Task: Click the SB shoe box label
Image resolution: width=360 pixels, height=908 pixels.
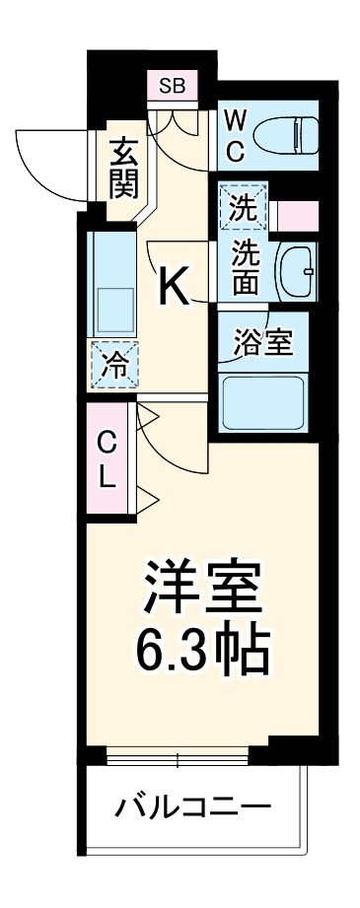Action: point(172,86)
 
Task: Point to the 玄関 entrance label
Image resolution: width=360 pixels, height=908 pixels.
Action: point(122,169)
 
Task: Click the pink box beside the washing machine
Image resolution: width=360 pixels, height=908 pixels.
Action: point(297,214)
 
